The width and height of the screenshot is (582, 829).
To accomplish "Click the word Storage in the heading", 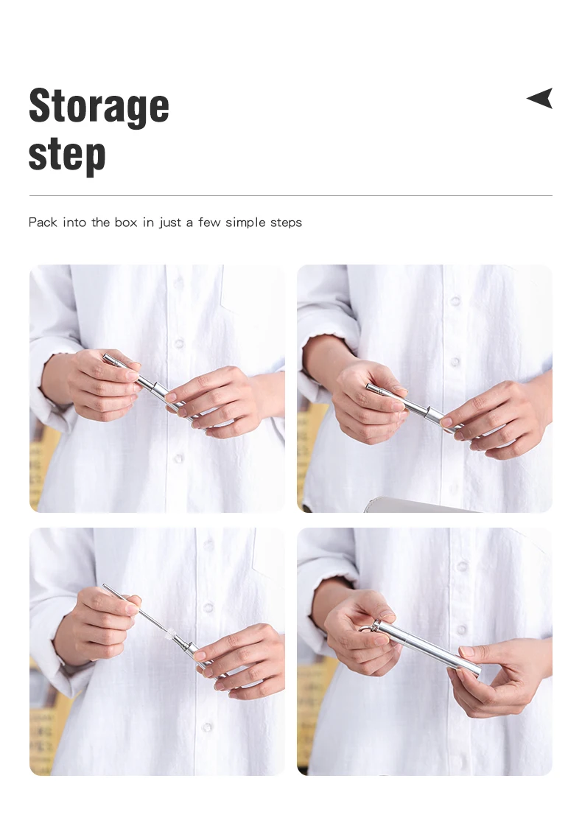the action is point(99,106).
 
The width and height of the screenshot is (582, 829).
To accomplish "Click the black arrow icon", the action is point(540,98).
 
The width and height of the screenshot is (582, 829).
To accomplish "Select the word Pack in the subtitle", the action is point(43,222).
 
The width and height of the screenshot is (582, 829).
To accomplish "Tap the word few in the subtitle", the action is point(209,222).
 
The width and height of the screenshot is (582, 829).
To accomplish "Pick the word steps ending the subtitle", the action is point(286,223).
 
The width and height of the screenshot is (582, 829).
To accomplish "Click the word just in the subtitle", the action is point(169,223).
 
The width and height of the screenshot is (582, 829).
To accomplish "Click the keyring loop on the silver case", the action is point(366,627).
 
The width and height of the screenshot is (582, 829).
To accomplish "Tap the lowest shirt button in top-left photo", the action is point(178,458).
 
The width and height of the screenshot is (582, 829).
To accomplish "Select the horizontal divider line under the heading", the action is point(291,195).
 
